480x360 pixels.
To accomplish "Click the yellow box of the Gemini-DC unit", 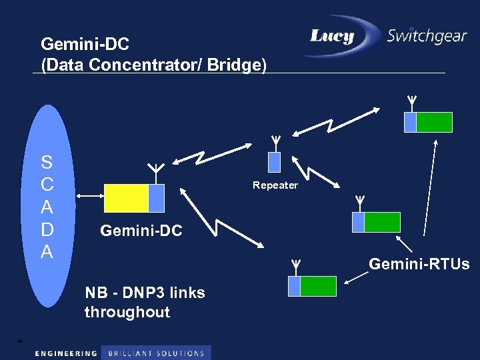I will tap(126, 197).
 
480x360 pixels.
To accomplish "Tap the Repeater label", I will tap(275, 185).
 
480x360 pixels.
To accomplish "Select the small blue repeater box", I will tap(274, 162).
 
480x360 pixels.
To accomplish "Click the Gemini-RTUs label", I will tap(419, 265).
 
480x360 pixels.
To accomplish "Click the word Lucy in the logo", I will tap(331, 36).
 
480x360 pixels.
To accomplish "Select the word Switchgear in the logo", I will tap(427, 36).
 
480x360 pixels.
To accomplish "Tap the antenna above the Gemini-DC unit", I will tap(155, 171).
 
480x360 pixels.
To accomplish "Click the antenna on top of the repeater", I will tap(275, 142).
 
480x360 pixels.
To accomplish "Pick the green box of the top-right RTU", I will tap(434, 122).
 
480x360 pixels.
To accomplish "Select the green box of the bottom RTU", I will tap(318, 286).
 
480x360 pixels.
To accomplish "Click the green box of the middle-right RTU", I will tap(382, 222).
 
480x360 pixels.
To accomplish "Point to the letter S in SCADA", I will tap(47, 163).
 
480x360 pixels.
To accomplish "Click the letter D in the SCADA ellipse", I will tap(47, 229).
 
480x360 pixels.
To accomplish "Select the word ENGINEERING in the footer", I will tap(65, 353).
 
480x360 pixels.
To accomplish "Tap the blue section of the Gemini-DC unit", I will tap(156, 197).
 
